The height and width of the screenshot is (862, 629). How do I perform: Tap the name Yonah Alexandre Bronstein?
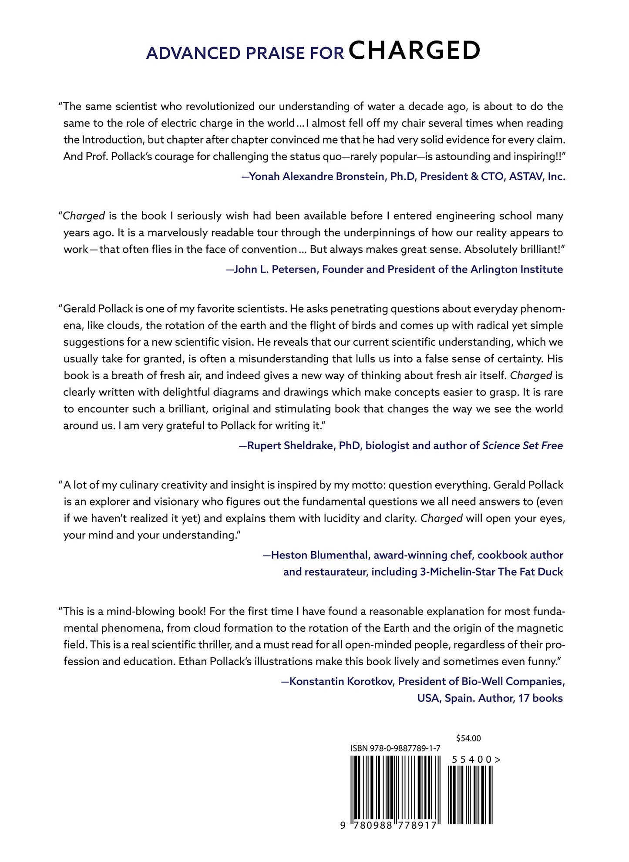pyautogui.click(x=316, y=177)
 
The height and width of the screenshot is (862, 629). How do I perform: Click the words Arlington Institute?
pyautogui.click(x=517, y=269)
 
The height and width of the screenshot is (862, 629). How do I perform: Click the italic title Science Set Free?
pyautogui.click(x=522, y=446)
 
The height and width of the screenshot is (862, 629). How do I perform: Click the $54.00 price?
pyautogui.click(x=468, y=738)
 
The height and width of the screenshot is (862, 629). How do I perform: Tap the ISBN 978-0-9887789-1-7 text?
pyautogui.click(x=395, y=748)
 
